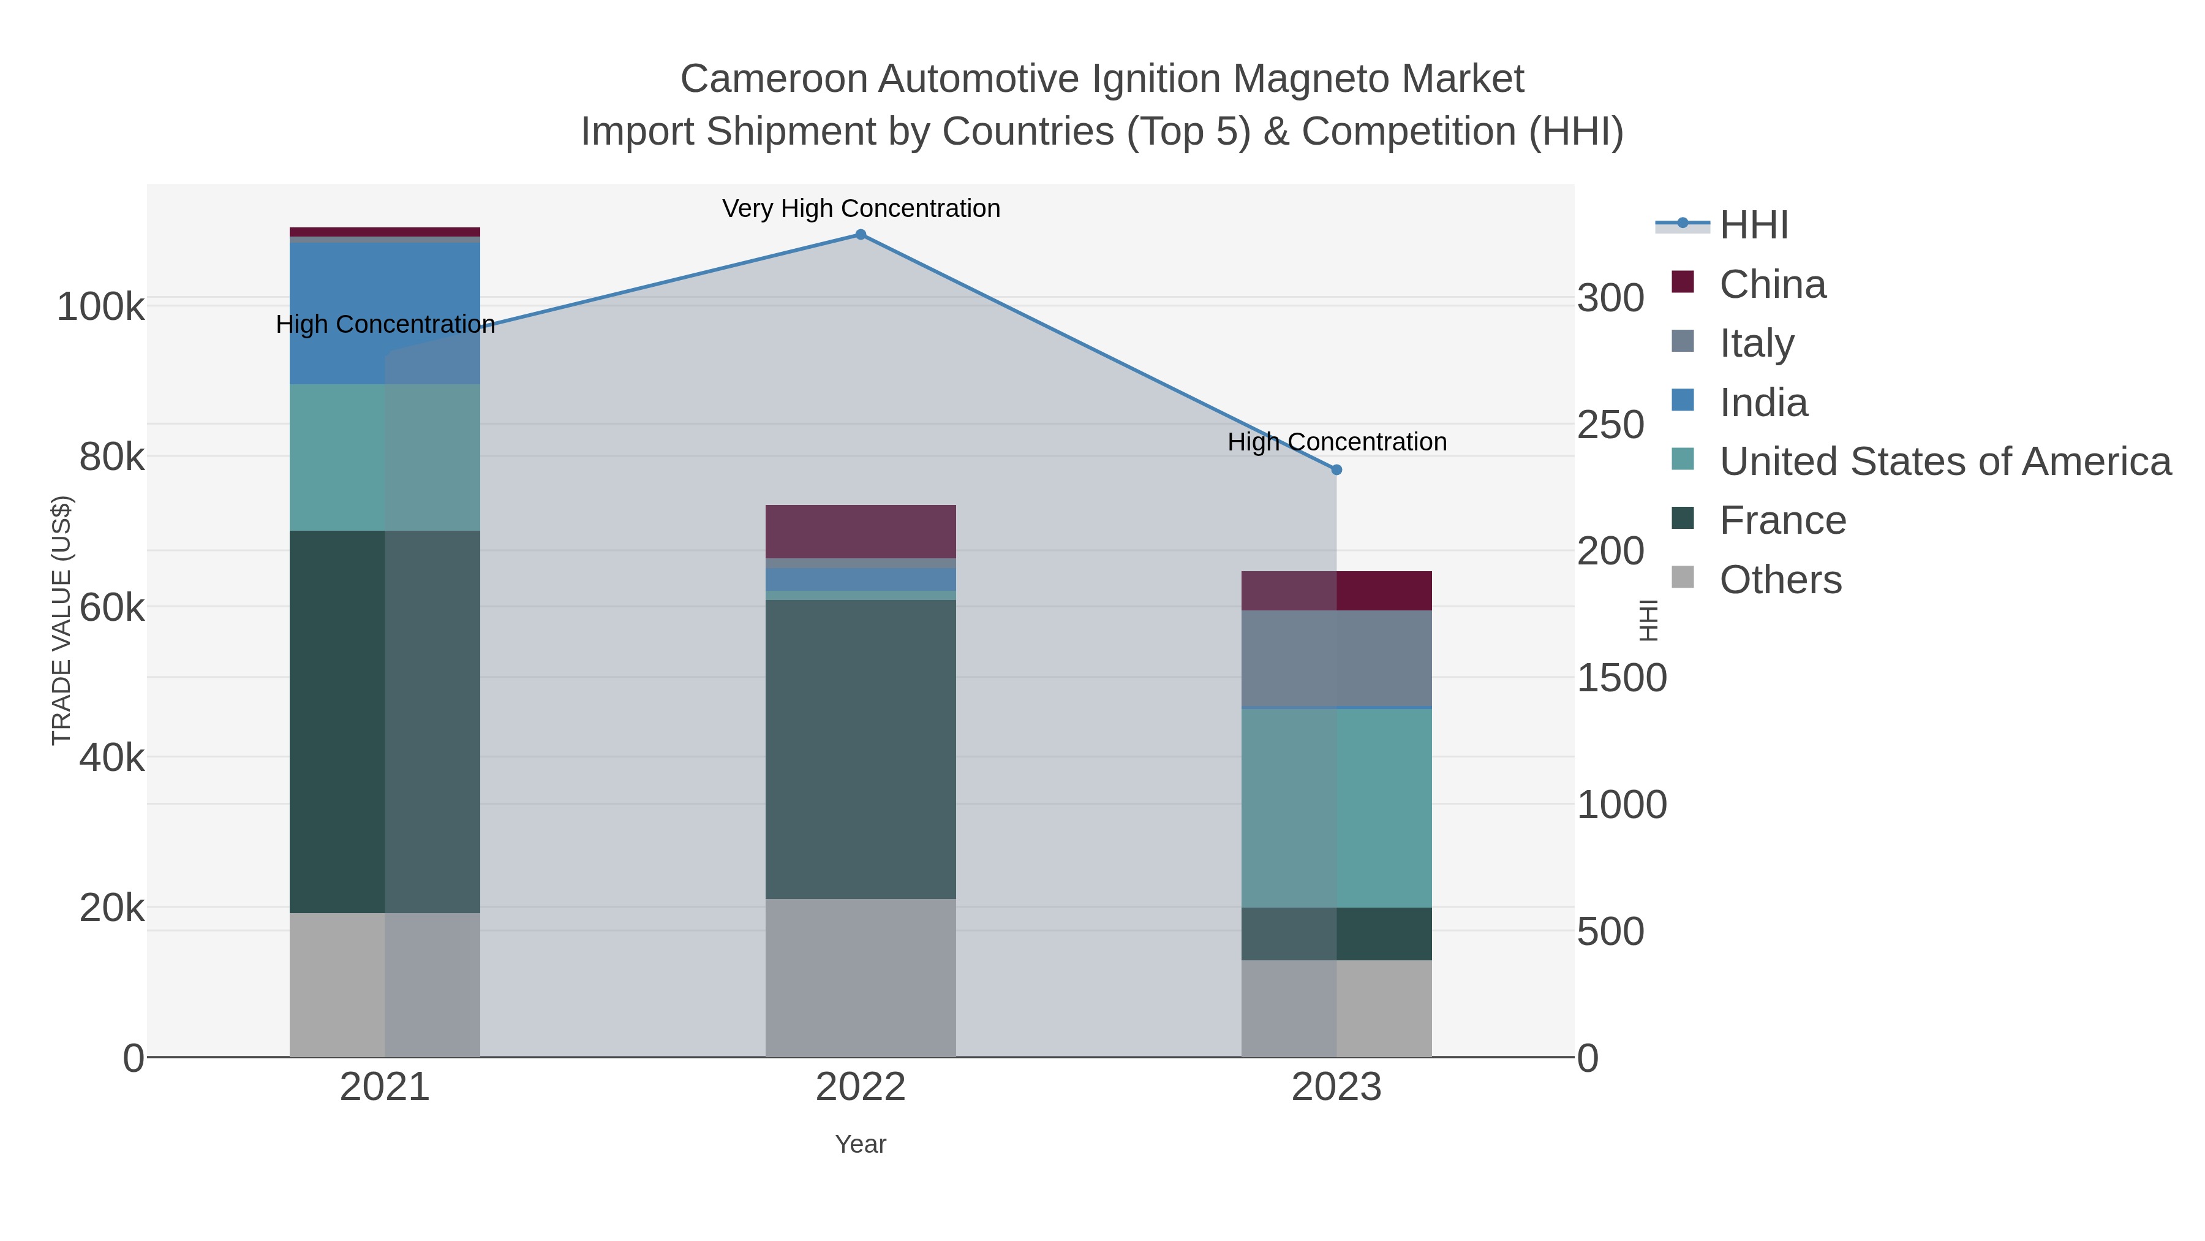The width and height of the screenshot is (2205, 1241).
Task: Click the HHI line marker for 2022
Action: (x=861, y=235)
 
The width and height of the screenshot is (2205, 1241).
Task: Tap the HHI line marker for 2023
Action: (x=1336, y=469)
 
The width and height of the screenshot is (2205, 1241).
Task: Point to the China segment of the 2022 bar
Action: (x=861, y=531)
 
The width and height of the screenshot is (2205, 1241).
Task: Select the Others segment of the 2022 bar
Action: (x=861, y=977)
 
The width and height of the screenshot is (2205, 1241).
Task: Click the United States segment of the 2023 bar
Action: (x=1336, y=808)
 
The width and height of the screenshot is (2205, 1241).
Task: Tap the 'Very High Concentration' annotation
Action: (x=861, y=208)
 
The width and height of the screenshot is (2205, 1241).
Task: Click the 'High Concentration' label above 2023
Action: (x=1336, y=442)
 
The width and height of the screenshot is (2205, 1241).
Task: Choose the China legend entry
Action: (x=1772, y=284)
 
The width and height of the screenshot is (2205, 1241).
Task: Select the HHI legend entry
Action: (x=1753, y=226)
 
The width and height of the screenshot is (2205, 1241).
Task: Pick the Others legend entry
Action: (x=1779, y=580)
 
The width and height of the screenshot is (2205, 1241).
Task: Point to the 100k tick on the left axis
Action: (x=101, y=306)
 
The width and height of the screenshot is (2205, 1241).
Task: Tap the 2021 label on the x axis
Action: (x=384, y=1088)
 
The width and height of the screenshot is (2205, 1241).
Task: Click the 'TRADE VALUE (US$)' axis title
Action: (x=62, y=620)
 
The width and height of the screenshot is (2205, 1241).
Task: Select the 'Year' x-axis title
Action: (x=861, y=1144)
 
